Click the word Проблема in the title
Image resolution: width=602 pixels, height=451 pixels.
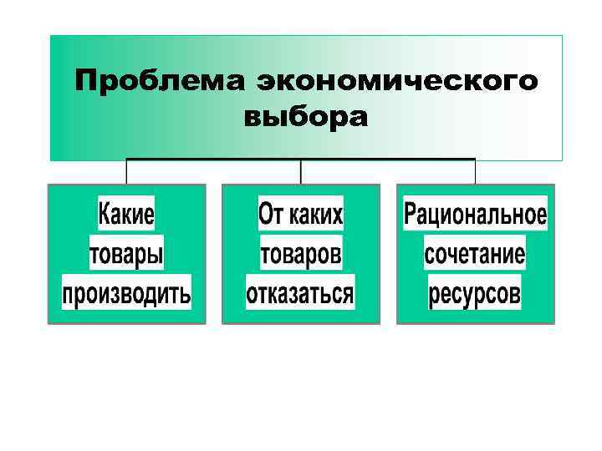(159, 82)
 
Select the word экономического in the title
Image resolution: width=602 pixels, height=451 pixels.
(396, 82)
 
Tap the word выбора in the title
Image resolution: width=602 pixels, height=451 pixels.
(305, 117)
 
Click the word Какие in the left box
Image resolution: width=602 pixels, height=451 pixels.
(126, 215)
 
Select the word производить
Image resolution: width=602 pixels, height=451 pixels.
(126, 293)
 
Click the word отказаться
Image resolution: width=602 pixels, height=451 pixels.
(300, 293)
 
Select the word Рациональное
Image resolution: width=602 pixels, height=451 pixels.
(475, 215)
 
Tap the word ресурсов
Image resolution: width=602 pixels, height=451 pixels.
(475, 293)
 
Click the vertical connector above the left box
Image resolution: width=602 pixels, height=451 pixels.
(126, 171)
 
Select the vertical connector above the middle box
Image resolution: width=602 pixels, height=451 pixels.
(301, 171)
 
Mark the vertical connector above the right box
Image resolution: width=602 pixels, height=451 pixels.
(475, 171)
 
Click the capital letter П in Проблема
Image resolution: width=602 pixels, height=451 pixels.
(86, 82)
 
